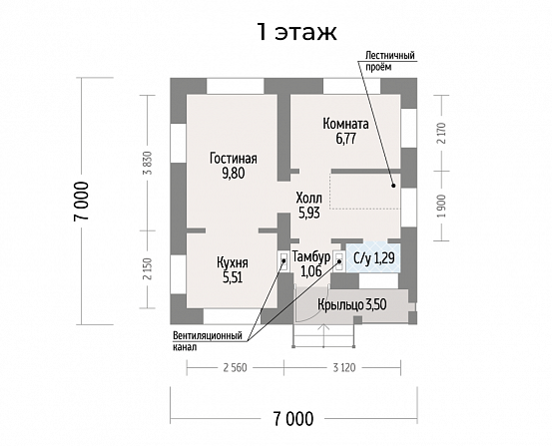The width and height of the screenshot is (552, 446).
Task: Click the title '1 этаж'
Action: pos(296,32)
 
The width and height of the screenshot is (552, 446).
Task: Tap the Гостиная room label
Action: pos(234,159)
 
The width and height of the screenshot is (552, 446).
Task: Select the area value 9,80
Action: pos(233,174)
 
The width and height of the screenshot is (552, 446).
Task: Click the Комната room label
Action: pos(345,124)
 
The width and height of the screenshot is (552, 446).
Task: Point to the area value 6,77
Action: pos(345,139)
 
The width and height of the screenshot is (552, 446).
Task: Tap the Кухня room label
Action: pos(233,263)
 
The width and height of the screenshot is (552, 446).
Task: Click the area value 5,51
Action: pos(233,277)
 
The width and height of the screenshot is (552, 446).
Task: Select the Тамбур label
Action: pos(310,257)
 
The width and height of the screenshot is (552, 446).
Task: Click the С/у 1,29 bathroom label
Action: pos(374,258)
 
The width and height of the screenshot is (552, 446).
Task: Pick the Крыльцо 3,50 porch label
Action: pos(352,305)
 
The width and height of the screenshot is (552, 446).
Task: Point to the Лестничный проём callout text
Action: pos(389,61)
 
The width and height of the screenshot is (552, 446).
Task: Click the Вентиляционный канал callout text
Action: pos(208,341)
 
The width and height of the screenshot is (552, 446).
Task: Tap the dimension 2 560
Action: pos(236,368)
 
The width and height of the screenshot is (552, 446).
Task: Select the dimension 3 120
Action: pos(344,368)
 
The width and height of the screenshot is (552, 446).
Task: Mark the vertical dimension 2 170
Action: pos(442,133)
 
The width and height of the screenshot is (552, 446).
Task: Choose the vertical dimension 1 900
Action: pos(442,206)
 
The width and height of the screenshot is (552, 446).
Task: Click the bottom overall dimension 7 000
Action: pos(292,419)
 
